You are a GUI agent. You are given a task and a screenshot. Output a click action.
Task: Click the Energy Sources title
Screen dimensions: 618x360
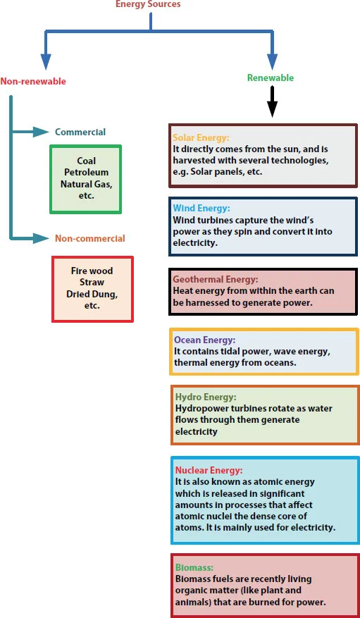point(148,4)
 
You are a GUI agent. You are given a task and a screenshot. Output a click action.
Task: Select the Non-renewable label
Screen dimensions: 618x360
point(33,82)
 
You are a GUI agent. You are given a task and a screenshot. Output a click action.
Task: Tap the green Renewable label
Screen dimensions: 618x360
point(271,78)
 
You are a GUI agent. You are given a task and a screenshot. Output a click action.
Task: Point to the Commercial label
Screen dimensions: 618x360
point(80,132)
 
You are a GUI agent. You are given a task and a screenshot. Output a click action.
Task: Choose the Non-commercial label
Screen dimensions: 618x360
point(90,238)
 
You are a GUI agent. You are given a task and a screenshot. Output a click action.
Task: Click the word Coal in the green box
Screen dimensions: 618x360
point(86,161)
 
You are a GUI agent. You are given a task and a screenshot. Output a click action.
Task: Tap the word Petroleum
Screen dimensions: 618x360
point(86,173)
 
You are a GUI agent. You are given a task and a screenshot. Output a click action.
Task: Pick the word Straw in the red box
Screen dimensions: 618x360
point(92,283)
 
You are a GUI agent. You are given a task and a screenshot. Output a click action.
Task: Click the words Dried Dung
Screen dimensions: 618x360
point(92,294)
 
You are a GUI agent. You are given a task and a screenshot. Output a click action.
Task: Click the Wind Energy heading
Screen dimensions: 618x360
point(201,209)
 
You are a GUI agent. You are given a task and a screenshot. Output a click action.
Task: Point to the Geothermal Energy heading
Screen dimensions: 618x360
point(216,280)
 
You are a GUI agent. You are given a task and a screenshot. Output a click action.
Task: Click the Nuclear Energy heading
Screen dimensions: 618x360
point(209,471)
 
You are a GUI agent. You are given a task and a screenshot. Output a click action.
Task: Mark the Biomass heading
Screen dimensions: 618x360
point(194,567)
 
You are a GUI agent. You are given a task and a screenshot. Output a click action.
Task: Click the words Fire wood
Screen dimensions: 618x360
point(92,271)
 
